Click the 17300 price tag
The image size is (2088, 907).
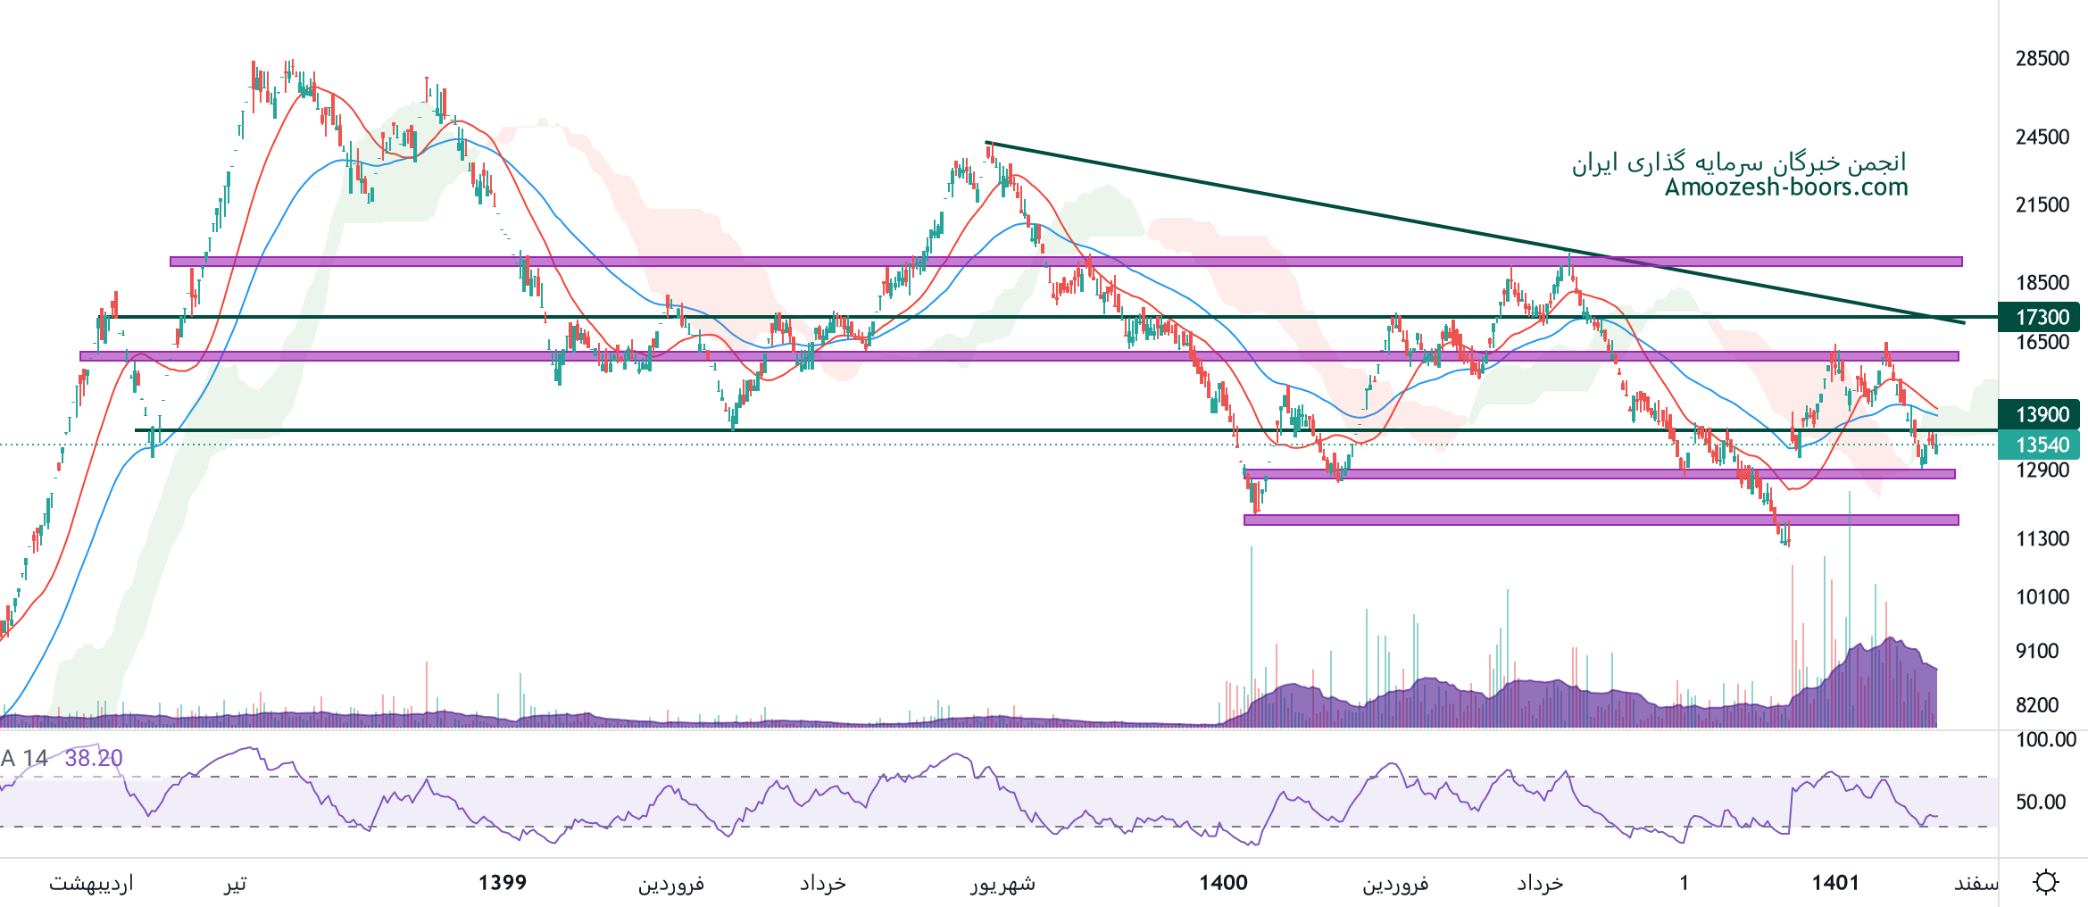(x=2042, y=317)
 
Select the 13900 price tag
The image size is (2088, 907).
(x=2042, y=414)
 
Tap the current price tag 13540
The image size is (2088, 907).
(x=2042, y=445)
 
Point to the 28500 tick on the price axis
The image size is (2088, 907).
(x=2042, y=59)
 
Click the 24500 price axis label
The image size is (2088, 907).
(x=2042, y=137)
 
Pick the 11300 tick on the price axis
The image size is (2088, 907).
(x=2042, y=539)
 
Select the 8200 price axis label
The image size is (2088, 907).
(x=2037, y=705)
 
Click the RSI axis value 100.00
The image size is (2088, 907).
(x=2046, y=740)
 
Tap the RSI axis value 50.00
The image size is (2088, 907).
(x=2041, y=802)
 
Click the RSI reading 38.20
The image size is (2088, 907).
(x=94, y=758)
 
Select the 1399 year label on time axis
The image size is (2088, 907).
(x=503, y=883)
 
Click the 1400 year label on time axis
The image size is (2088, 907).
(x=1223, y=883)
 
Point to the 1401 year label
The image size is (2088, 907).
(x=1835, y=883)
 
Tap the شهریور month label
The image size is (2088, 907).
(x=1002, y=884)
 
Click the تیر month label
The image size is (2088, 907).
(x=235, y=884)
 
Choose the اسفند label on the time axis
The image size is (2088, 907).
(x=1976, y=884)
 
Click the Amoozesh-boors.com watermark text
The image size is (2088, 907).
(x=1786, y=187)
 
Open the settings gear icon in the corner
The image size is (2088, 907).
(x=2046, y=882)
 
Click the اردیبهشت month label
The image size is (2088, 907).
(x=91, y=884)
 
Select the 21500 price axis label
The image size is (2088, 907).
(x=2042, y=205)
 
